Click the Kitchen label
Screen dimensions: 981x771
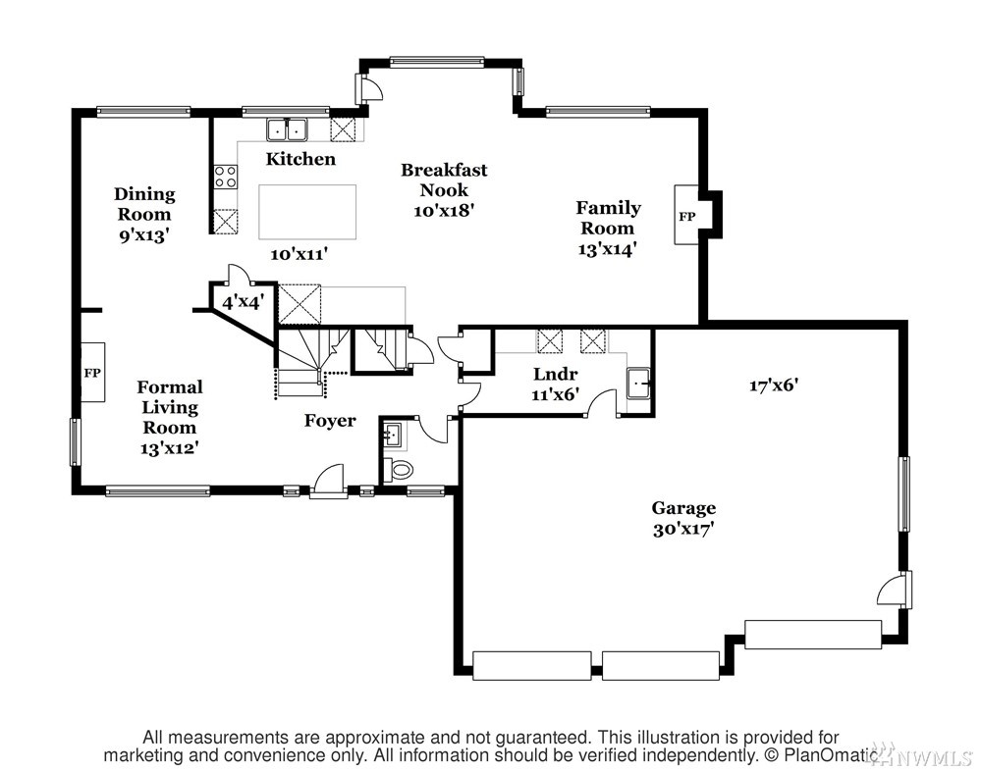[300, 159]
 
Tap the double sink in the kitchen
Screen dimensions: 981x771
[287, 129]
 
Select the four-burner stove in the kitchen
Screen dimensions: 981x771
[225, 177]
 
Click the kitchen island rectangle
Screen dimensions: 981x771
[307, 212]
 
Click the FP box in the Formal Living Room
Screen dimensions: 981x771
[92, 373]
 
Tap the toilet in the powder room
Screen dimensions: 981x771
[399, 469]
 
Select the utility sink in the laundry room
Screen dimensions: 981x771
[638, 382]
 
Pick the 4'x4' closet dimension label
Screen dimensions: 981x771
[244, 302]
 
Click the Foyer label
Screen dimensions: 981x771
[330, 421]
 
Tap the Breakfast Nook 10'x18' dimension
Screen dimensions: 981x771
[444, 210]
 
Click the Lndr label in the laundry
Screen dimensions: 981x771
[555, 375]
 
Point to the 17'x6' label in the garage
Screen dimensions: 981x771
[774, 385]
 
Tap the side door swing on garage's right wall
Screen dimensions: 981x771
[893, 591]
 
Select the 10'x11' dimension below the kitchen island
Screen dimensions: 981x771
[300, 254]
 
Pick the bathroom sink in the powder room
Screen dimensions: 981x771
[393, 435]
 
